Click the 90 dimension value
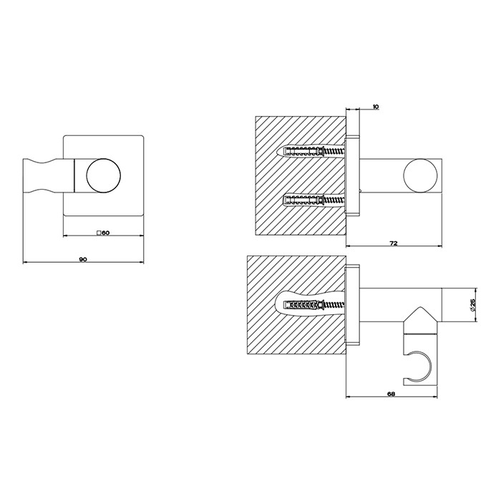83,260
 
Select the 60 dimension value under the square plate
104,233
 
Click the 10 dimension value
376,107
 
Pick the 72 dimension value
393,244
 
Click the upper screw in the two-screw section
308,152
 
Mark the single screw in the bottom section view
308,306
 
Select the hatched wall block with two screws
299,176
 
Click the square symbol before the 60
98,233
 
